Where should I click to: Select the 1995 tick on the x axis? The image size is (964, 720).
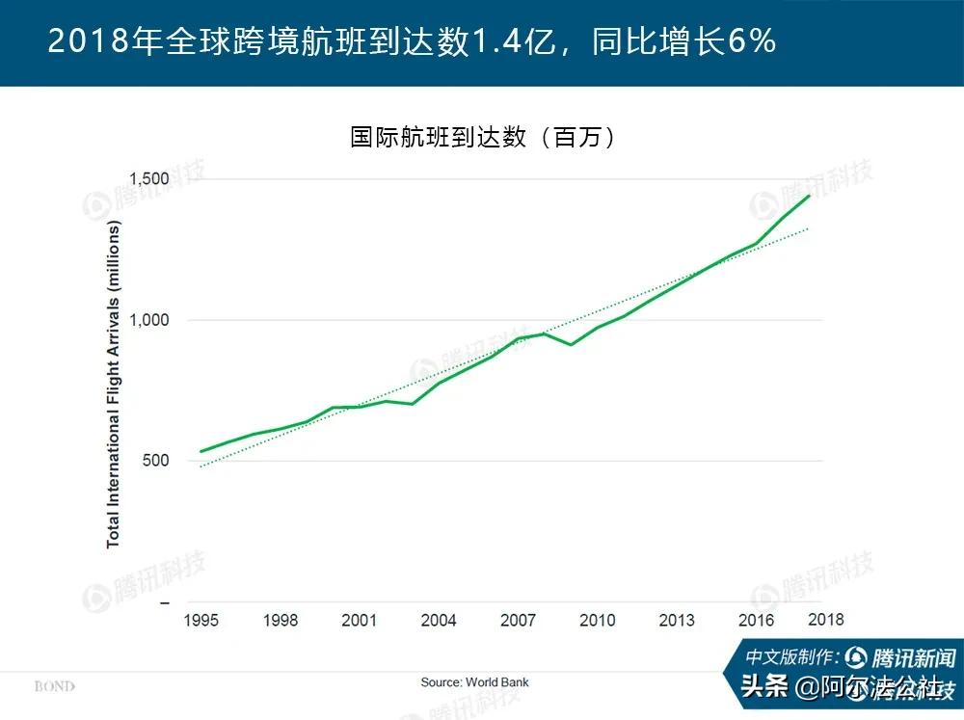point(201,620)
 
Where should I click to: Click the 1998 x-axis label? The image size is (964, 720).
point(281,620)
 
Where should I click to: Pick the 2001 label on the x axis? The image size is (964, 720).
point(360,620)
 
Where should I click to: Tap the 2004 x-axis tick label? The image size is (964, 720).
point(439,620)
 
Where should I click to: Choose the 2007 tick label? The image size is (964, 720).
point(518,620)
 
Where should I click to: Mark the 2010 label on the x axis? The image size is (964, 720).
point(598,620)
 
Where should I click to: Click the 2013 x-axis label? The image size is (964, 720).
point(677,620)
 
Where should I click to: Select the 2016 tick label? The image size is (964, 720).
point(756,620)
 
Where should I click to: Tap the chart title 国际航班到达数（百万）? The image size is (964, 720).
point(482,137)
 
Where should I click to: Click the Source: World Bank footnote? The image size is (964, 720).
point(474,682)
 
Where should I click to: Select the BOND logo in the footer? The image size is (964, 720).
point(54,686)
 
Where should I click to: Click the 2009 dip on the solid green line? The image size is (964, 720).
point(572,344)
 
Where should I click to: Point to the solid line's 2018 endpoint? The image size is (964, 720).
point(809,197)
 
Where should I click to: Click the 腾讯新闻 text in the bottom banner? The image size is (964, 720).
point(912,657)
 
